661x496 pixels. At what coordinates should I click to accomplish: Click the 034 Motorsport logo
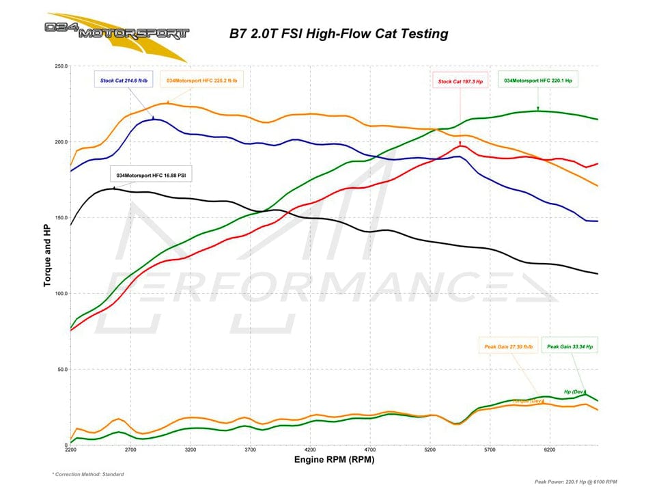(x=116, y=31)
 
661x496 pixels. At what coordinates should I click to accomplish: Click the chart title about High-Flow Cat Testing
(x=338, y=32)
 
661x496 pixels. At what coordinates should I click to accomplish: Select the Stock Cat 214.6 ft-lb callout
(x=123, y=81)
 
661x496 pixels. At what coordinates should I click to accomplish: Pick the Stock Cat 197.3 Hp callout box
(x=460, y=81)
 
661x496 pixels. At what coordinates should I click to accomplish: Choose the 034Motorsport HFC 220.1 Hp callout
(x=537, y=81)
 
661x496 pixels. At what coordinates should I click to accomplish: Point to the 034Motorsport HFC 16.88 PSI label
(x=151, y=176)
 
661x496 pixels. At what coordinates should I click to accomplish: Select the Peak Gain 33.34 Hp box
(x=569, y=346)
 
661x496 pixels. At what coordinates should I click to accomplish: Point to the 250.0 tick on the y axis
(x=59, y=67)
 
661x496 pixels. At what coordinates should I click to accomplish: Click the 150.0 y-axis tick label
(x=59, y=218)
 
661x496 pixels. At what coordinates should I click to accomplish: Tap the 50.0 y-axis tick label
(x=61, y=370)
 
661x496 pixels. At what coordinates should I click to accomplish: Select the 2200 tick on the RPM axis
(x=71, y=451)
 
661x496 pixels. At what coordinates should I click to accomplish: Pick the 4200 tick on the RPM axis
(x=310, y=451)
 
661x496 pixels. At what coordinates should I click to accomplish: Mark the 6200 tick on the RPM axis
(x=550, y=451)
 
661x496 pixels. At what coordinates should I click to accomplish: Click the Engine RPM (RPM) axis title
(x=334, y=460)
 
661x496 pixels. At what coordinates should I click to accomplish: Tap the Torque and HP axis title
(x=48, y=256)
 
